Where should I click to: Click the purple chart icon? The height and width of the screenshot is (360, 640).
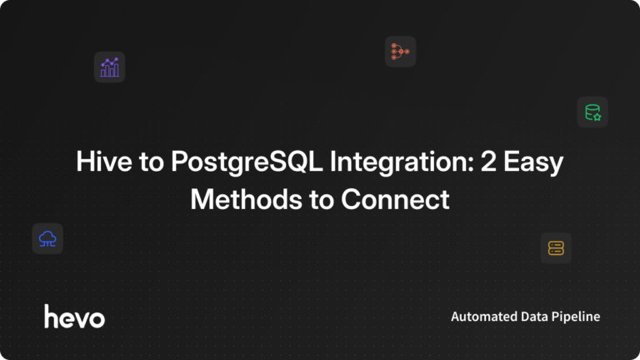point(109,67)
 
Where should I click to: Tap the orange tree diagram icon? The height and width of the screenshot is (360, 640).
point(400,52)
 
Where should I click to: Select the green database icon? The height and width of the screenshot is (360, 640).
point(592,112)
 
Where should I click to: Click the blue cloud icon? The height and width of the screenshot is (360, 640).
point(47,239)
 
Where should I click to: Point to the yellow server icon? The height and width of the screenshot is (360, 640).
point(556,247)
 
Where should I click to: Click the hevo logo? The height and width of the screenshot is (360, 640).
point(74,317)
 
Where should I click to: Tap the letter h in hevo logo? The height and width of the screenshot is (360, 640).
point(50,316)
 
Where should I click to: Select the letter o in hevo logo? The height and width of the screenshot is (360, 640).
point(97,318)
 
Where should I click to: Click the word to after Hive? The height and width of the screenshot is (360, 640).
point(146,162)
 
